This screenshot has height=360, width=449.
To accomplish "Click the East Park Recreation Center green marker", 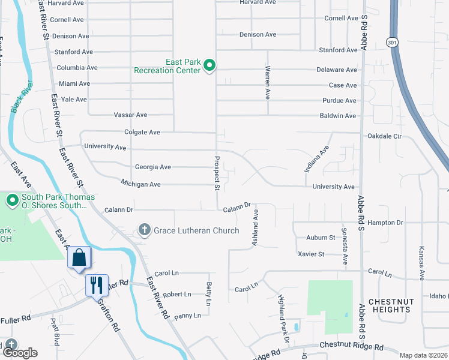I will pos(209,65).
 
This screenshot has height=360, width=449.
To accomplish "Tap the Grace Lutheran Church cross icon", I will pos(144,230).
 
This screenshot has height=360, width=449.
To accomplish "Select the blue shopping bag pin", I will pos(79,258).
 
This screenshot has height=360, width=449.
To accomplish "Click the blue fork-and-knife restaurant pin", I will pos(97,284).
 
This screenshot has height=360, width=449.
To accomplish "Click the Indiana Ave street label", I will pos(317,159).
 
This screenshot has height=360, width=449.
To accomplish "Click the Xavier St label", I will pos(311,254).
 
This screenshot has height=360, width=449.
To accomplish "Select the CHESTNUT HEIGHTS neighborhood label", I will pos(390,305).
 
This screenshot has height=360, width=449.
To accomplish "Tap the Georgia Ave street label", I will pos(152,167).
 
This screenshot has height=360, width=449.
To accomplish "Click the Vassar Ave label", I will pos(130,115).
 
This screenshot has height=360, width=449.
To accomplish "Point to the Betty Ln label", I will pos(209,294).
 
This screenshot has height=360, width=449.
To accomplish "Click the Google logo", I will pos(20,353).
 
